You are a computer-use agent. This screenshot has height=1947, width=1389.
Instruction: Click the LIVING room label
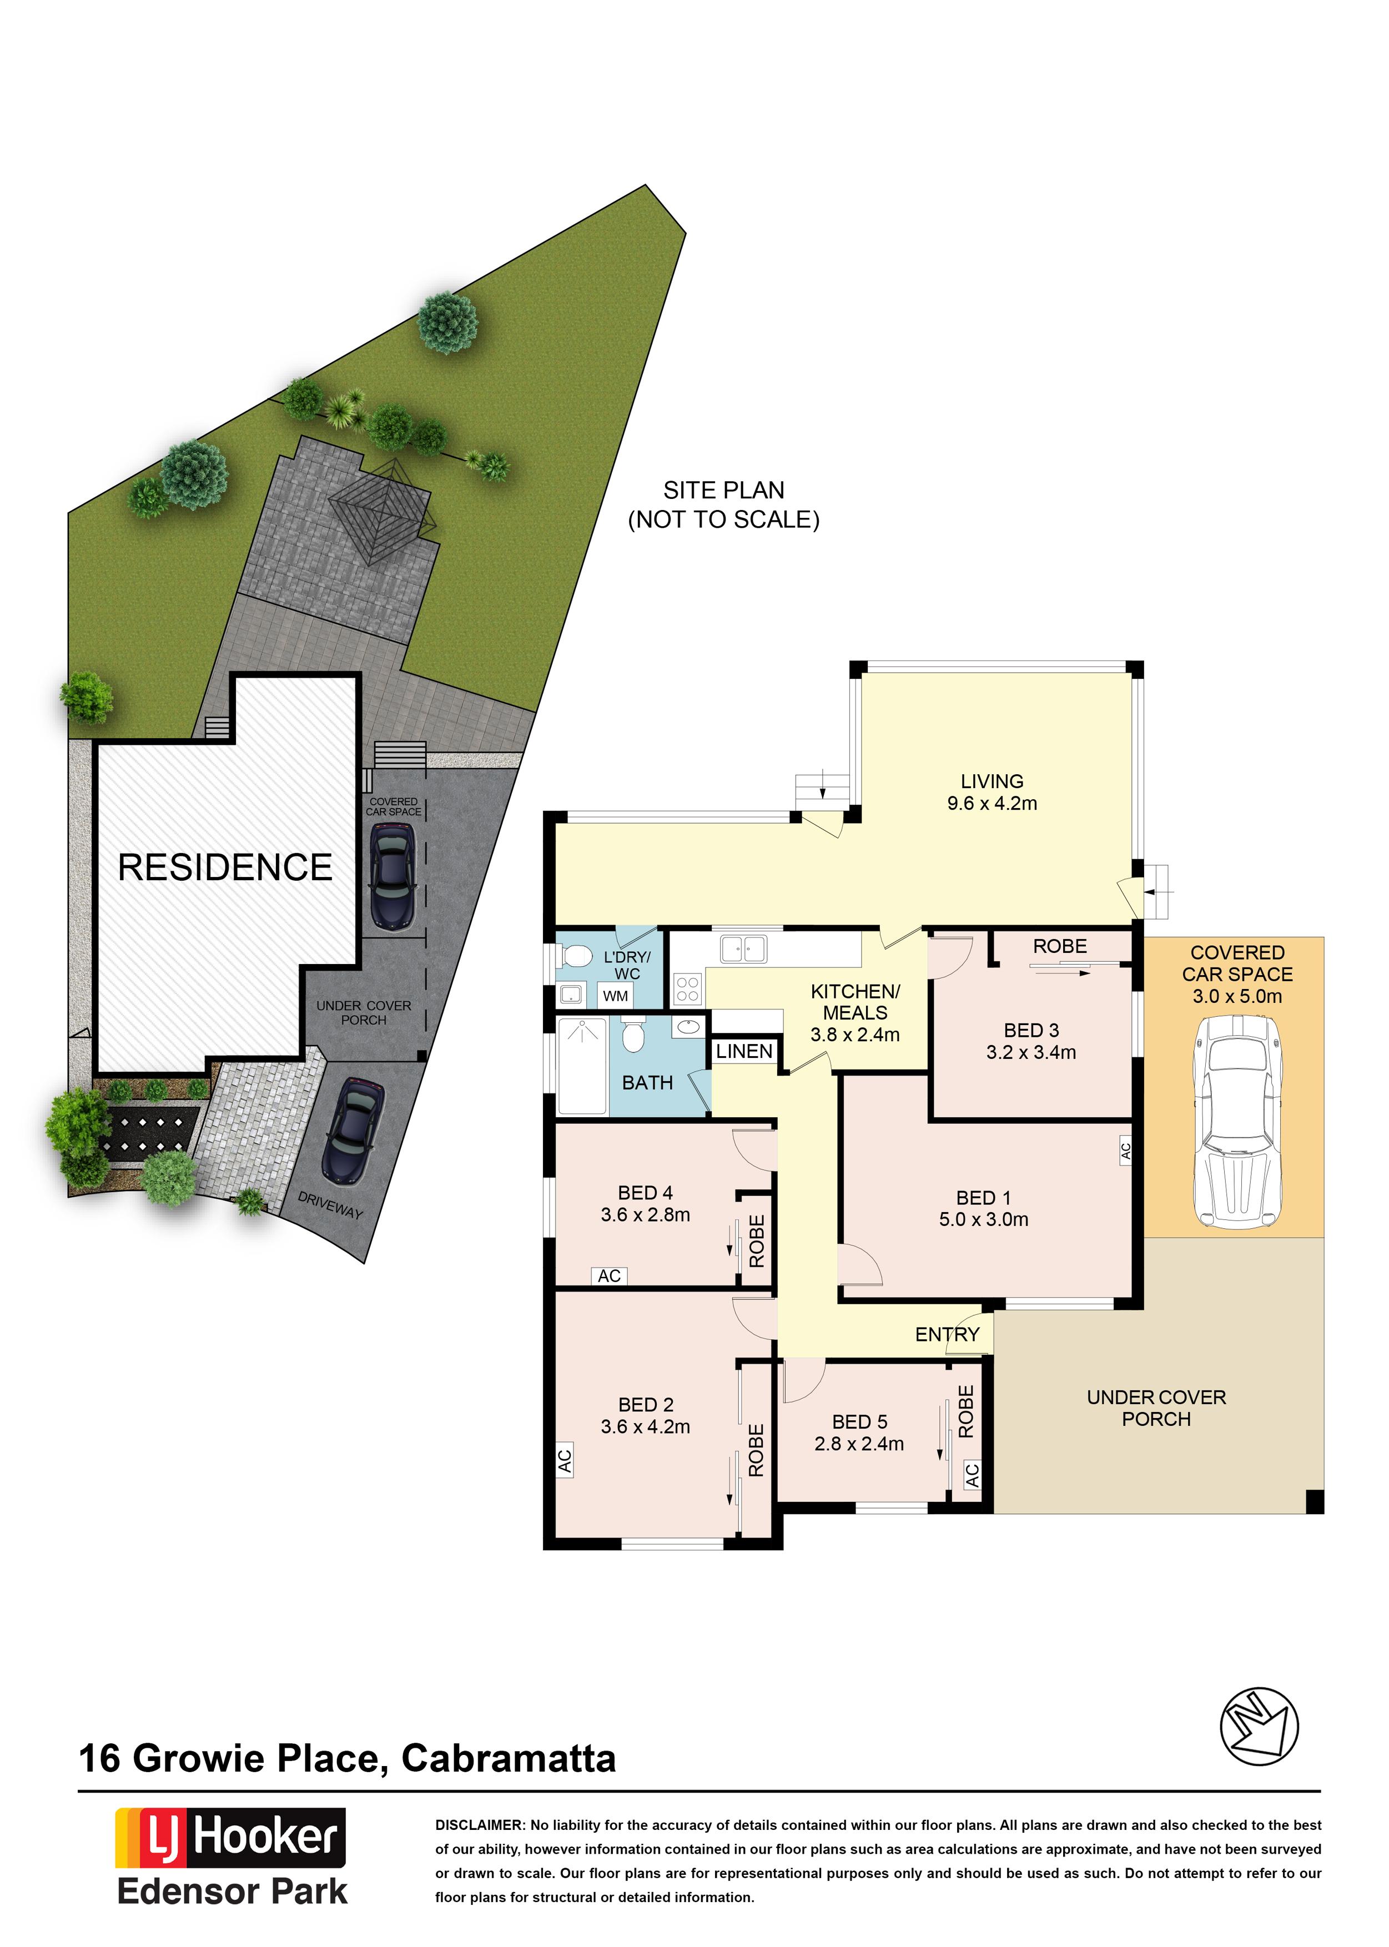[x=992, y=781]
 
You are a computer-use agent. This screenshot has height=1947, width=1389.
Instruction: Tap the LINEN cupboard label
[x=744, y=1051]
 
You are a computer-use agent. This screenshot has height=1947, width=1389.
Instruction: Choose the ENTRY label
[x=947, y=1334]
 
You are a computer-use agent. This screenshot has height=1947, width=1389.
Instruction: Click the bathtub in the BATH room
[x=582, y=1066]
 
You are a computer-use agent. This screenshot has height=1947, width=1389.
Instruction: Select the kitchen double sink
[x=743, y=949]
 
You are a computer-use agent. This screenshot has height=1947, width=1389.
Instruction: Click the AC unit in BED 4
[x=609, y=1276]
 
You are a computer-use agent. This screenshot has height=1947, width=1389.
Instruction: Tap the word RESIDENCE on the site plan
[x=225, y=867]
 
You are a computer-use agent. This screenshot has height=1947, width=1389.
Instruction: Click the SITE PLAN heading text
[x=723, y=490]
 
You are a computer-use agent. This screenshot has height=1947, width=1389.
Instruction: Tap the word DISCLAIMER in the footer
[x=480, y=1825]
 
